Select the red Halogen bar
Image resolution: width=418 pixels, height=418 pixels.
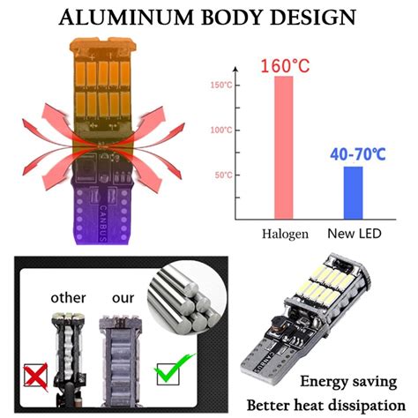[x=283, y=146]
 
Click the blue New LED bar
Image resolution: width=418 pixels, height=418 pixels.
[x=353, y=191]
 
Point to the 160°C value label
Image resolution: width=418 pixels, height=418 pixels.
[x=284, y=65]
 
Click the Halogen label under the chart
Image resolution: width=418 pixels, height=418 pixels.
[x=283, y=234]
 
